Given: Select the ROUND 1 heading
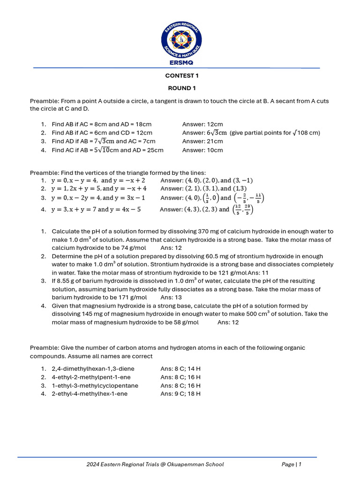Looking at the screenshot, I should click(181, 88).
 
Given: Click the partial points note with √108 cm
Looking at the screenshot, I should click(275, 133).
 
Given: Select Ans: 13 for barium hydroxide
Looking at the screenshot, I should click(171, 297).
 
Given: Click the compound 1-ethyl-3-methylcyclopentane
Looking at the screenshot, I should click(95, 385).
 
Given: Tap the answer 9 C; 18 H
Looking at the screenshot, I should click(180, 394).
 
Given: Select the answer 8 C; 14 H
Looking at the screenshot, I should click(180, 369).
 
